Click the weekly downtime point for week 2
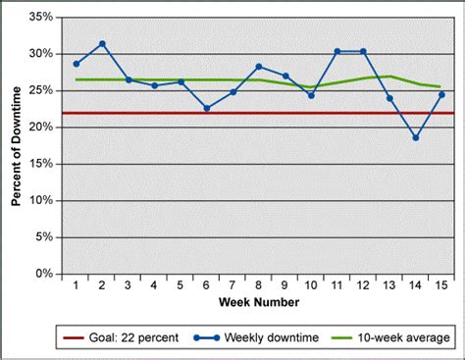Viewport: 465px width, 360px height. pos(102,44)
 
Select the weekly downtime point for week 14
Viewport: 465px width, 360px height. pos(414,137)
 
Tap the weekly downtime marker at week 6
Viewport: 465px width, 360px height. pos(206,108)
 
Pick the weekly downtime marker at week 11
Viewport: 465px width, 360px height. pos(336,51)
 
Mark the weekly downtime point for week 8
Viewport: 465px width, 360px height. pos(258,67)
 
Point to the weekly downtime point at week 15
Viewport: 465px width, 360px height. pos(440,95)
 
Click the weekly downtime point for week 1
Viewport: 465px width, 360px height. pos(77,64)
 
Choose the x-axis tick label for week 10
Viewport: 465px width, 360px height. pos(310,285)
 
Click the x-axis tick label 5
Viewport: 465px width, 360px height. pos(181,285)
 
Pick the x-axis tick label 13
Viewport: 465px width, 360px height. pos(388,285)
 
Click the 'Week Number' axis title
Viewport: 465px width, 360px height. pos(258,299)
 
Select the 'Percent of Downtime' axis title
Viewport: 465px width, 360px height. pos(16,145)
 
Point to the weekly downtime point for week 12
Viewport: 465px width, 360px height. pos(362,51)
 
